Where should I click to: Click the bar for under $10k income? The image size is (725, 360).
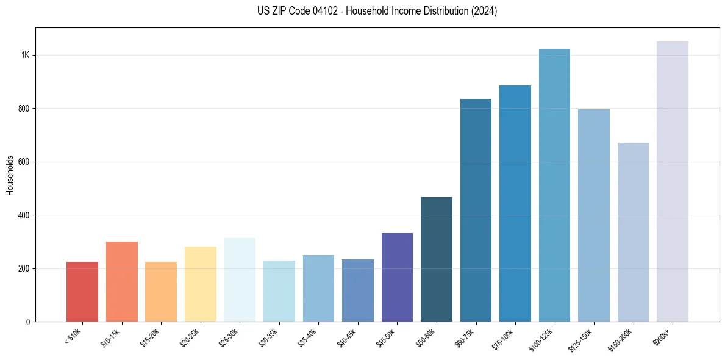pyautogui.click(x=82, y=292)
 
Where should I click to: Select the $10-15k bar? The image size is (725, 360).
pyautogui.click(x=121, y=282)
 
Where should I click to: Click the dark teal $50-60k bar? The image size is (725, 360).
pyautogui.click(x=437, y=259)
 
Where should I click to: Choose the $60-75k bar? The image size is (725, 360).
pyautogui.click(x=476, y=211)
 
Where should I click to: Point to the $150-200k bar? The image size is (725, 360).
pyautogui.click(x=633, y=232)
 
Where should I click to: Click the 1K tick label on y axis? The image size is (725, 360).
pyautogui.click(x=26, y=55)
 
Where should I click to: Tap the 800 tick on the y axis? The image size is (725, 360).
pyautogui.click(x=24, y=109)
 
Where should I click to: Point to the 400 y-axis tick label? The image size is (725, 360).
pyautogui.click(x=24, y=215)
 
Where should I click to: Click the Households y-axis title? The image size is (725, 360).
pyautogui.click(x=10, y=175)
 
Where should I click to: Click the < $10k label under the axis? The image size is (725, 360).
pyautogui.click(x=73, y=336)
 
